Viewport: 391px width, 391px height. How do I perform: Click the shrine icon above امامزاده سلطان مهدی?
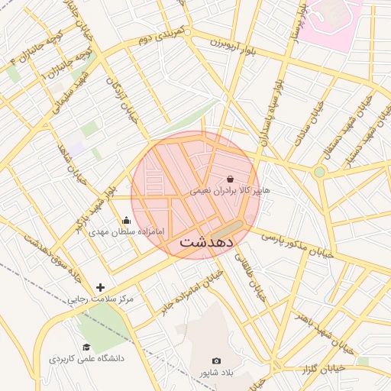tap(126, 221)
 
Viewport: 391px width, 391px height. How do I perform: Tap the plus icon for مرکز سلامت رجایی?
tap(100, 288)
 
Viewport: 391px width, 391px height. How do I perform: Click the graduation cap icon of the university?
tap(86, 347)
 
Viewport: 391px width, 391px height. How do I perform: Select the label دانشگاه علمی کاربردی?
tap(86, 358)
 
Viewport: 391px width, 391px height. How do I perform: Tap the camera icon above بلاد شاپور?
tap(216, 360)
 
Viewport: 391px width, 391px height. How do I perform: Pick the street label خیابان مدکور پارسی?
tap(298, 244)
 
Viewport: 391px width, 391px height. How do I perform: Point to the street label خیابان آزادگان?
tap(121, 99)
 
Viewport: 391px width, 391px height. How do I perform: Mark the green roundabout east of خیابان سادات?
tap(319, 173)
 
